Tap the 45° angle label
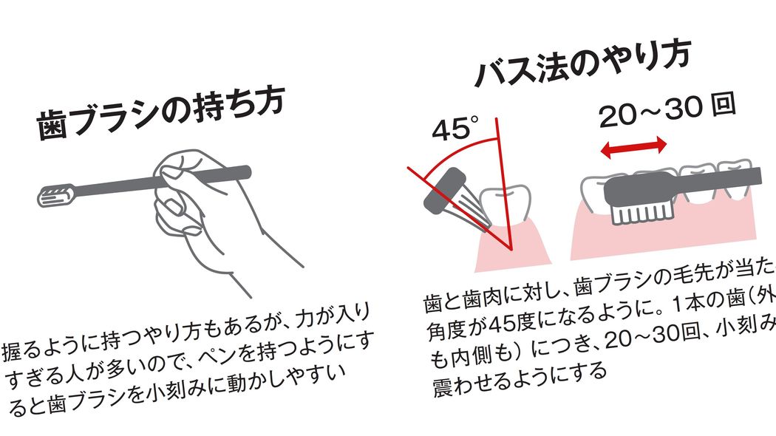[452, 129]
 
